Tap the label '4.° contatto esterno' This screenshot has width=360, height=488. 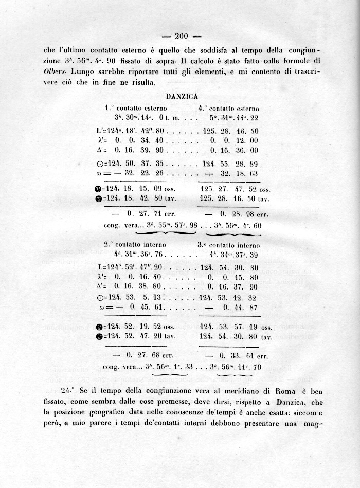pos(229,109)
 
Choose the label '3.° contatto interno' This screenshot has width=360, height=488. pos(228,245)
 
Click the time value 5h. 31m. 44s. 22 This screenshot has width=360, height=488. pos(230,118)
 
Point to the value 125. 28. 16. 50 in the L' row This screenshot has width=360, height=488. pos(230,131)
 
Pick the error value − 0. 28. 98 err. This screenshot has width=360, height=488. pos(235,213)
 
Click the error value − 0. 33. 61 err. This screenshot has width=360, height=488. pos(235,355)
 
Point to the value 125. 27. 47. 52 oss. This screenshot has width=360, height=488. pos(236,189)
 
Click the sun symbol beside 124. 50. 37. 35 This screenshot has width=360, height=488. pos(100,163)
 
